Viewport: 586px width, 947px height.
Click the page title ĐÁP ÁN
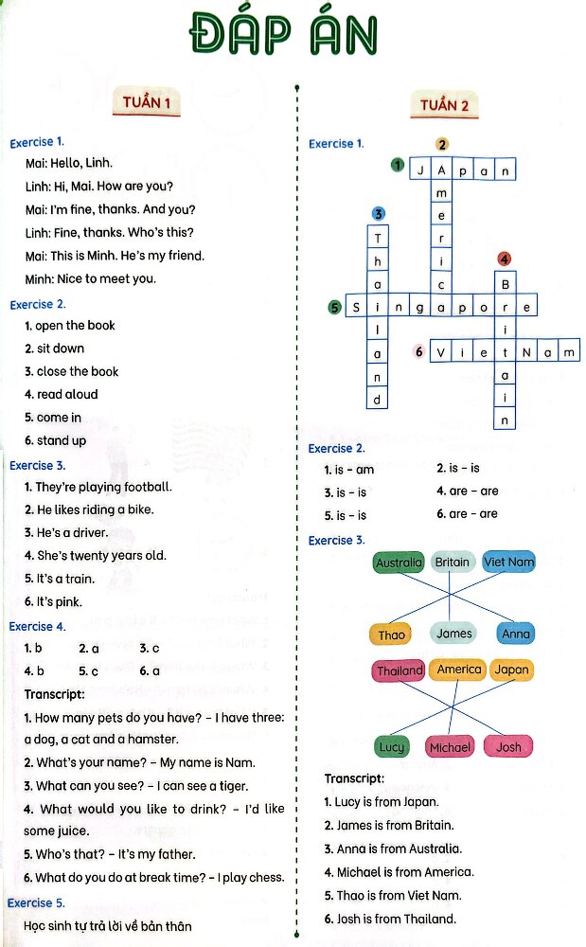coord(283,36)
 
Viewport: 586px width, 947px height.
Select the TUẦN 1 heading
coord(147,103)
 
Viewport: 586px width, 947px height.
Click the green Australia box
coord(399,563)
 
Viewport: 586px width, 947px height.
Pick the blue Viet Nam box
coord(508,562)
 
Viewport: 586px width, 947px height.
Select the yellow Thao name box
coord(391,634)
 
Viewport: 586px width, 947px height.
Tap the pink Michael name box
coord(450,747)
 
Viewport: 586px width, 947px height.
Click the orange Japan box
coord(512,670)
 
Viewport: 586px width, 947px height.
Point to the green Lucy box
coord(391,747)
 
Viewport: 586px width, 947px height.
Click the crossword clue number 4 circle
coord(505,259)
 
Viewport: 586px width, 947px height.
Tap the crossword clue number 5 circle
coord(334,307)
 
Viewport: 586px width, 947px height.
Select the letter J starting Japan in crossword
coord(419,170)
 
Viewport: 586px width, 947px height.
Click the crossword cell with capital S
coord(356,307)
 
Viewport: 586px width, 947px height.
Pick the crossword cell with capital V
coord(441,352)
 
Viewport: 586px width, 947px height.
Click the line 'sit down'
coord(55,348)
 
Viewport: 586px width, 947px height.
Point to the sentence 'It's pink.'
coord(54,601)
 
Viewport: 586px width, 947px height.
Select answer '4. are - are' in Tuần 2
coord(468,491)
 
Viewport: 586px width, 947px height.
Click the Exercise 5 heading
coord(36,903)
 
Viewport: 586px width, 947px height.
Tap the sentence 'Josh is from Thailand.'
coord(390,919)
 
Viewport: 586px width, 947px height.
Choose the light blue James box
coord(454,634)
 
